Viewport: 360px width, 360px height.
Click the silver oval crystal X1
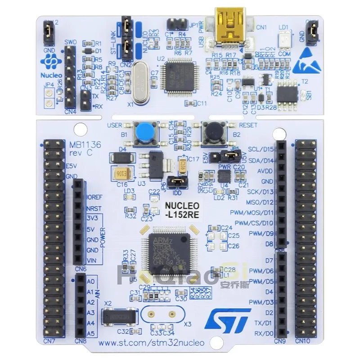pos(140,81)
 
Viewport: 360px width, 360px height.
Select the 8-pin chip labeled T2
pos(286,94)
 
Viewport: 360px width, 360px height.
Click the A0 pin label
pos(90,281)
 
